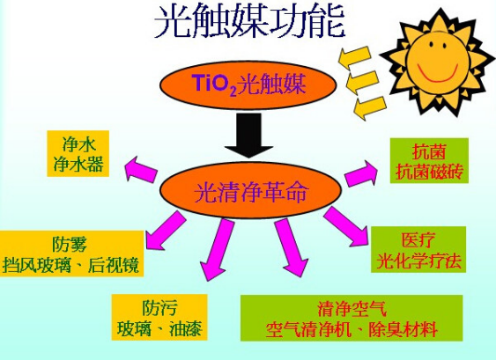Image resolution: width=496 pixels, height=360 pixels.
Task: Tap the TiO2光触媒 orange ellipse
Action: point(248,85)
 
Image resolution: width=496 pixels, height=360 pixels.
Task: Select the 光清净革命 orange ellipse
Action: point(250,191)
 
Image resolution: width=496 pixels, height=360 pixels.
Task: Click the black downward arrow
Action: point(249,136)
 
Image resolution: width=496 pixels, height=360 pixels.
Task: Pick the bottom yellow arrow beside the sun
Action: point(370,107)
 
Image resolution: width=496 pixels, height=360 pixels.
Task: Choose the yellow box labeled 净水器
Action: point(78,154)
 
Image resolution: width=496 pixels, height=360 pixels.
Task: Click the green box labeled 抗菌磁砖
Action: point(429,160)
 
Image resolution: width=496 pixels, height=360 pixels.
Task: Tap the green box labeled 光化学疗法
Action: point(418,249)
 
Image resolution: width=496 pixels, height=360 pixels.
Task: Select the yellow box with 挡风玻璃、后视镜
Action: point(71,253)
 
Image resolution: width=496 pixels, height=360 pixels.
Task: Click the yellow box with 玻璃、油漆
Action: point(159,318)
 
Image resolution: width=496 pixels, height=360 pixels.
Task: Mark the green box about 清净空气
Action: point(352,318)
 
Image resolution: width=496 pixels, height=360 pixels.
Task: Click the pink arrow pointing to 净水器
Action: point(141,169)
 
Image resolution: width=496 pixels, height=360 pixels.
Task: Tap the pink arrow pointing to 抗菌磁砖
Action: point(361,173)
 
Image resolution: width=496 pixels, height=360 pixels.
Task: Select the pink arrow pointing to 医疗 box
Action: point(345,226)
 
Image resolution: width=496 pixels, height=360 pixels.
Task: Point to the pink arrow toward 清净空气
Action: point(291,248)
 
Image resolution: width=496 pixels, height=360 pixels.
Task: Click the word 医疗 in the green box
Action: point(418,240)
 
